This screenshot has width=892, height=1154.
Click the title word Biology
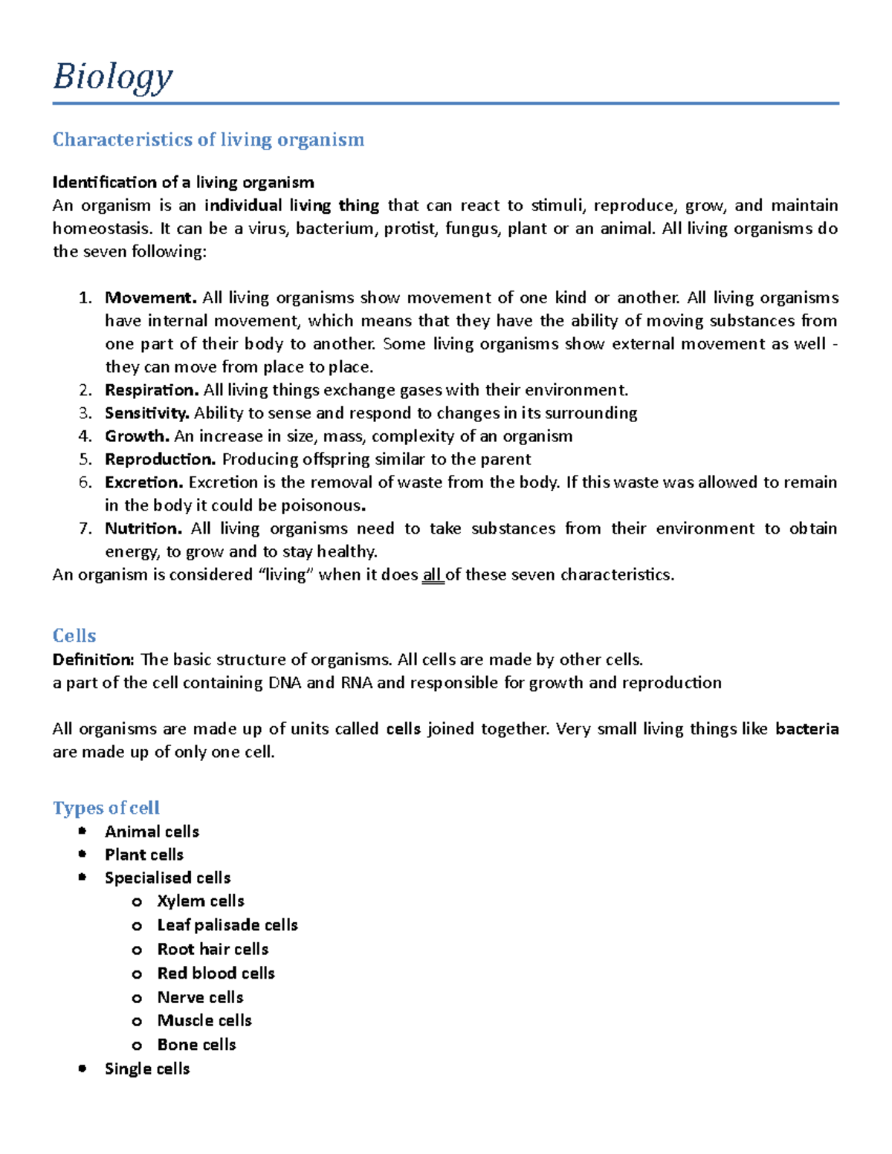(x=113, y=77)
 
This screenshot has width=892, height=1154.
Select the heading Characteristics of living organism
(x=208, y=140)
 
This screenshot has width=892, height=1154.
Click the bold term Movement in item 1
(x=150, y=298)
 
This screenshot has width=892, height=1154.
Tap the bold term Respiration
(x=151, y=390)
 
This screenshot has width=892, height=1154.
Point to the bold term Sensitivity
(x=146, y=413)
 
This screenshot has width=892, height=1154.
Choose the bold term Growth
(x=137, y=436)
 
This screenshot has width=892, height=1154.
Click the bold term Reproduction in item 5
(x=160, y=459)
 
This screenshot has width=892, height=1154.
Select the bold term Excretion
(x=143, y=482)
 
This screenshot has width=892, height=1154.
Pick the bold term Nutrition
(x=143, y=528)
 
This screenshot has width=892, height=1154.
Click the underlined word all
(x=432, y=575)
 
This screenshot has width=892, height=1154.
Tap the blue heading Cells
(x=74, y=636)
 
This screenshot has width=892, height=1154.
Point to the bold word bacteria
(x=807, y=729)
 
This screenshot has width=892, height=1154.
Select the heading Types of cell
(x=106, y=808)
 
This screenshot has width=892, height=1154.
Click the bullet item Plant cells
(x=143, y=855)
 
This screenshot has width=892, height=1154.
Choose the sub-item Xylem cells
(x=201, y=901)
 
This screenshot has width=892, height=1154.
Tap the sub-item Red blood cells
(x=216, y=973)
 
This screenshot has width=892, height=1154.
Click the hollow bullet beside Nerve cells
(x=137, y=998)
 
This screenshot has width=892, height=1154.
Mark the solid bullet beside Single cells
(x=83, y=1069)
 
